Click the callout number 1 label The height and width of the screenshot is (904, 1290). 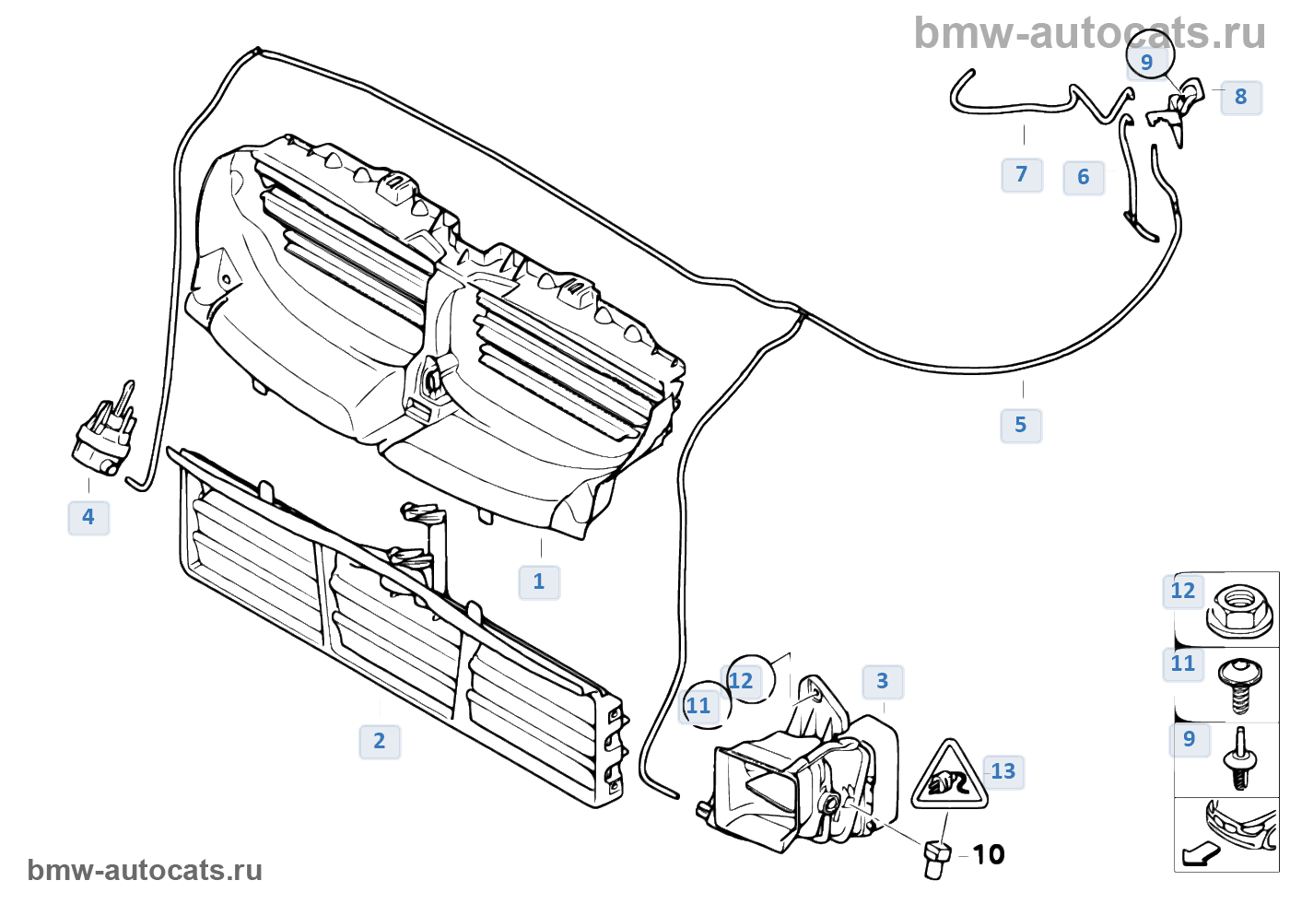click(x=539, y=581)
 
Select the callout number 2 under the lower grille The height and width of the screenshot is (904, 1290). click(x=380, y=741)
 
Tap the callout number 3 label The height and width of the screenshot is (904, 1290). click(x=883, y=681)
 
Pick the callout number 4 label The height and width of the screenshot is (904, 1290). click(x=88, y=517)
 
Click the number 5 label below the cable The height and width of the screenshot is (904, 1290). click(x=1021, y=425)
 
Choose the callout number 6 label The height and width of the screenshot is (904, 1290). click(x=1084, y=177)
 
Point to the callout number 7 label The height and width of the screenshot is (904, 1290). click(x=1022, y=174)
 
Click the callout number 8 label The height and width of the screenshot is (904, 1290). click(x=1241, y=97)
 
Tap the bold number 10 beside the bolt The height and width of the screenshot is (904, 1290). click(x=989, y=854)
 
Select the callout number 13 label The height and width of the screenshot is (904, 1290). click(x=1003, y=771)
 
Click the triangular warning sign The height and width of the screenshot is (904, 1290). click(x=949, y=777)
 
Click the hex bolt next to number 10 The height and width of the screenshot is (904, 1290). click(x=935, y=859)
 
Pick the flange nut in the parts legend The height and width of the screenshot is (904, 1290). click(x=1239, y=609)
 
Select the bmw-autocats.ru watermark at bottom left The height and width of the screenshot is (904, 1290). click(x=145, y=870)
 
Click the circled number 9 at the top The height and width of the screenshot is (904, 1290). click(x=1148, y=61)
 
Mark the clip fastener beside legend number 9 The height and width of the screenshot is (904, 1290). click(x=1240, y=761)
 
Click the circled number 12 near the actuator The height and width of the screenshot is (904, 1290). click(x=742, y=681)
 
